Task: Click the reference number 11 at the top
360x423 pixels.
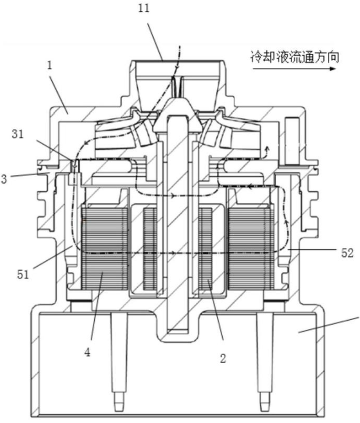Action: (x=144, y=8)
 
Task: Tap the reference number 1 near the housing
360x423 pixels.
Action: (x=49, y=66)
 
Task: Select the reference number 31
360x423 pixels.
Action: (x=18, y=134)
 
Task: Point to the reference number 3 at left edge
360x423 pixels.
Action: (x=4, y=179)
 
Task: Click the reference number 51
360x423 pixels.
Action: (x=23, y=274)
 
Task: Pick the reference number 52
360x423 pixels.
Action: (x=347, y=253)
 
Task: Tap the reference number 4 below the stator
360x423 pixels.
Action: (x=87, y=352)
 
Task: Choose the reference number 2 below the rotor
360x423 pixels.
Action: (x=223, y=359)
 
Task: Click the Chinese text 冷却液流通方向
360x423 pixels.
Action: (x=294, y=58)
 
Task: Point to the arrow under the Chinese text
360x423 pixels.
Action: (x=294, y=69)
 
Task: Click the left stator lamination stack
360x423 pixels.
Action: (x=105, y=249)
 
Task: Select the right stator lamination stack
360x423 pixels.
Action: (x=251, y=249)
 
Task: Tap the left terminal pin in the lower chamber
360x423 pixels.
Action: (x=119, y=361)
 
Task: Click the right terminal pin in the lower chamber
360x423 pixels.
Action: (x=265, y=361)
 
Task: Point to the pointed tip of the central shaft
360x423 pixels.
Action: (x=177, y=99)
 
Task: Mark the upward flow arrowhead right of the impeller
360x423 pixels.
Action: (x=268, y=148)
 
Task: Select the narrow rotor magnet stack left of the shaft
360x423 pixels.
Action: (x=150, y=249)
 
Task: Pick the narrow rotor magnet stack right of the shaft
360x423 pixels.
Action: (x=205, y=249)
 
